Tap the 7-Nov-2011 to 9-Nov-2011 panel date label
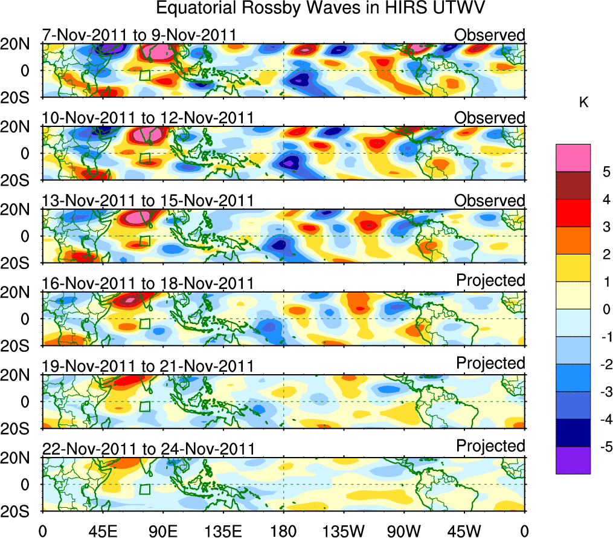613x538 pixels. click(139, 35)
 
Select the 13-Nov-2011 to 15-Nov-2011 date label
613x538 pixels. click(148, 201)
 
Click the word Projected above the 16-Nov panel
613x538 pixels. click(490, 280)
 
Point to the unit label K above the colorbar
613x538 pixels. click(583, 103)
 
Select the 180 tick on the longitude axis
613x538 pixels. click(283, 530)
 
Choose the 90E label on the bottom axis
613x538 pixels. click(162, 530)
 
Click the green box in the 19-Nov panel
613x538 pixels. click(144, 406)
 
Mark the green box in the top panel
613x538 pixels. click(144, 75)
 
